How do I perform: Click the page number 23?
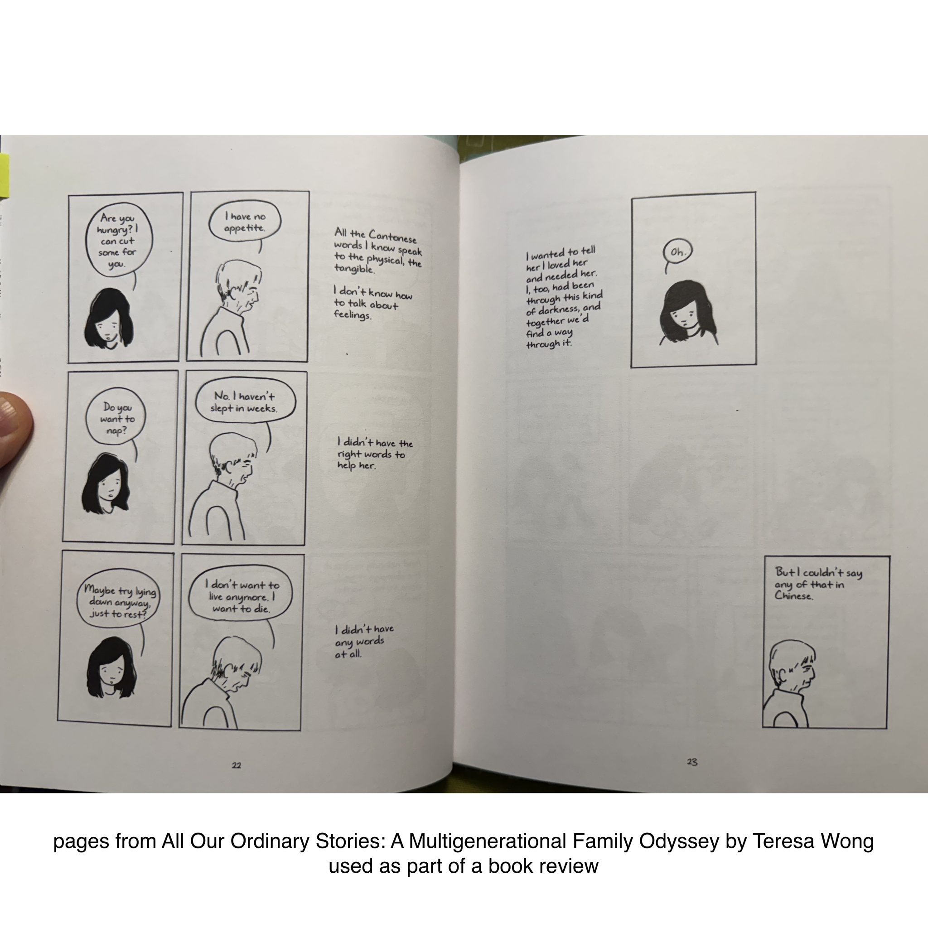[x=692, y=761]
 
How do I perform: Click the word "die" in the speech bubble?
[x=261, y=609]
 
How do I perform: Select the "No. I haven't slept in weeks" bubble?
[x=245, y=402]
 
